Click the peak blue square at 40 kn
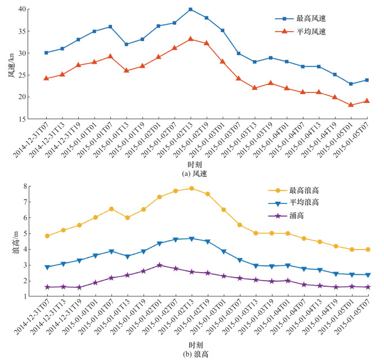point(190,10)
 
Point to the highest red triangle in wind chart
point(190,39)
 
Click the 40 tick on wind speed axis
point(23,10)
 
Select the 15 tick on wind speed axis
point(23,119)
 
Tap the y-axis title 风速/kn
point(11,64)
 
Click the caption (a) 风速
point(191,174)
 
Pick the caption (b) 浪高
point(191,354)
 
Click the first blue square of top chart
point(46,53)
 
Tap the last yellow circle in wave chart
point(368,250)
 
